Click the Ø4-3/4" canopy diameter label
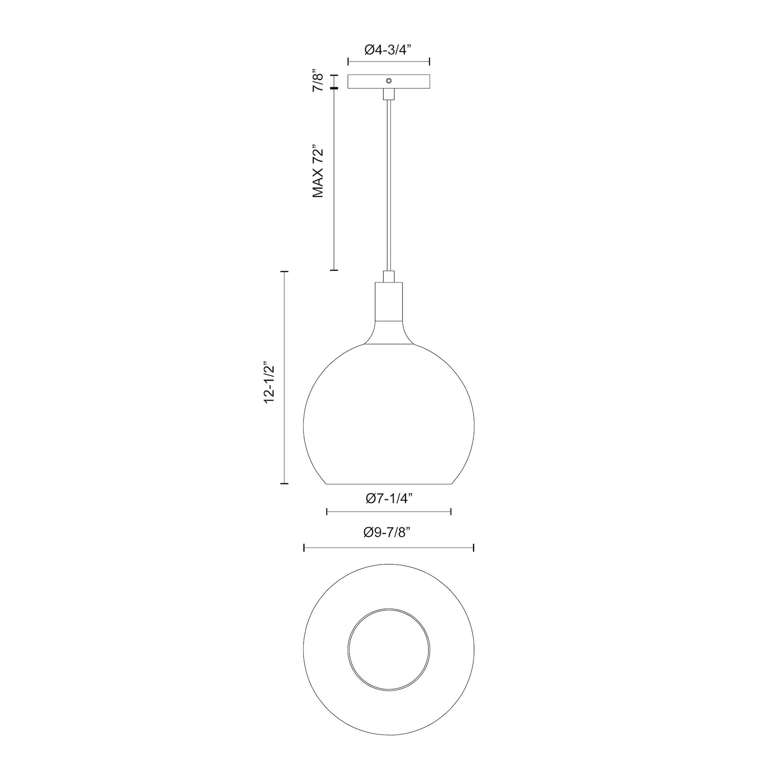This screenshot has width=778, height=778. [389, 50]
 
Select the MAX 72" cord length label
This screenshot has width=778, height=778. [319, 171]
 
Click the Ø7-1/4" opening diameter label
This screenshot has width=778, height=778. [389, 499]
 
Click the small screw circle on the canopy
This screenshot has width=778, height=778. [389, 80]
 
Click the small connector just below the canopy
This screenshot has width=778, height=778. [389, 94]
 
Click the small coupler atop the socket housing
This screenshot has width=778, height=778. [389, 277]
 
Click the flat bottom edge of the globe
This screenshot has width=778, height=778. [389, 484]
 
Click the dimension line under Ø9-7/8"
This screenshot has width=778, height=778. [389, 548]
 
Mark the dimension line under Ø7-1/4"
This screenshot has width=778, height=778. [389, 512]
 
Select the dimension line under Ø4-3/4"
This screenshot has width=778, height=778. [389, 62]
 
